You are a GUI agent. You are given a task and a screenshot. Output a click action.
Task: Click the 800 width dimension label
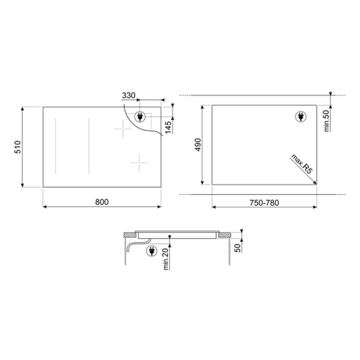coord(102,202)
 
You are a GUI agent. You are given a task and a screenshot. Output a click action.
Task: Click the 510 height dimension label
coord(17,147)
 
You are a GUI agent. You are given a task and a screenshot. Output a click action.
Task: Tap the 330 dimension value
coord(129,95)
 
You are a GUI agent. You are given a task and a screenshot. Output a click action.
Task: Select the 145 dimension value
coord(168,127)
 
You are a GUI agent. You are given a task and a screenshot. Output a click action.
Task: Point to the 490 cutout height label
coord(198,145)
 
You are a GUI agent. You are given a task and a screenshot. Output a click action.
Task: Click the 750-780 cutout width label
coord(264,203)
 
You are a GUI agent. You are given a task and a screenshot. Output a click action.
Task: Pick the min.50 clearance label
coord(327,121)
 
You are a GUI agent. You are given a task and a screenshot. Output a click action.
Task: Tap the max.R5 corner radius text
coord(302,164)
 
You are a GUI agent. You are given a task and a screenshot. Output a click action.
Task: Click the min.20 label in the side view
coord(166,259)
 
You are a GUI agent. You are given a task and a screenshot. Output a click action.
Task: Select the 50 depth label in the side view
coord(238,248)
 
